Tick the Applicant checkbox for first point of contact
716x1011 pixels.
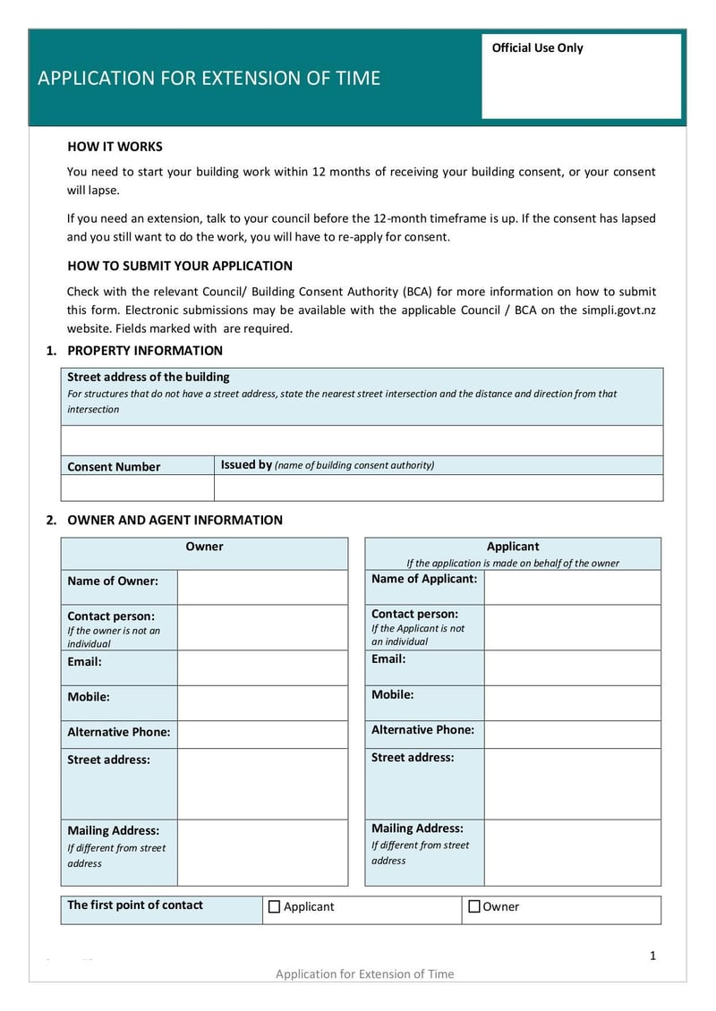point(274,906)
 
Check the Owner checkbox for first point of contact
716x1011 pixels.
point(474,906)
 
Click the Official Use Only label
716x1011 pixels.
point(537,48)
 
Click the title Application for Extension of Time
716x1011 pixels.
point(209,78)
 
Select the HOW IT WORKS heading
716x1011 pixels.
point(115,147)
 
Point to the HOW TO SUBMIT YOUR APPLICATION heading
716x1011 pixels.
point(180,266)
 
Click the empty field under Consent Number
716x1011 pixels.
point(137,488)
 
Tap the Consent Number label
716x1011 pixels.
point(114,466)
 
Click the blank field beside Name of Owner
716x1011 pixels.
point(262,587)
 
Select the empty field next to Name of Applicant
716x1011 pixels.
point(572,587)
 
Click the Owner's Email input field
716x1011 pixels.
point(262,667)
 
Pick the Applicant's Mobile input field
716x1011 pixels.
point(572,703)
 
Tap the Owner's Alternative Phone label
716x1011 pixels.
point(118,732)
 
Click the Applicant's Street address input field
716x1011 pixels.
point(572,784)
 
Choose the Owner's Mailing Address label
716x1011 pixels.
point(113,830)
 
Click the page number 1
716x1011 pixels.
point(652,956)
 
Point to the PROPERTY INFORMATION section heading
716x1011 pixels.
point(145,351)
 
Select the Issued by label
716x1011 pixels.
point(246,464)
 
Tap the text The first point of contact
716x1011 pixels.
point(135,905)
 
